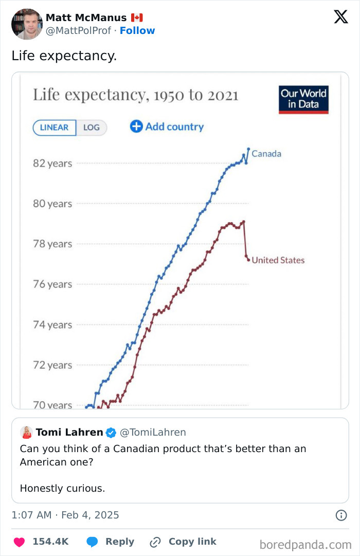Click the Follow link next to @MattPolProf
[x=137, y=31]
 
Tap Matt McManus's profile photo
[x=27, y=24]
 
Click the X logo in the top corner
[x=340, y=17]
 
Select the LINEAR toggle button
[x=55, y=128]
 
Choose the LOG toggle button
[x=92, y=128]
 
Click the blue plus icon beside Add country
[x=136, y=127]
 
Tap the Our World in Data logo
[x=303, y=99]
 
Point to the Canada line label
[x=266, y=154]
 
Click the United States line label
[x=278, y=260]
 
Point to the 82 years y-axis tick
[x=52, y=164]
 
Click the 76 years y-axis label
[x=52, y=284]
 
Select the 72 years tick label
[x=52, y=365]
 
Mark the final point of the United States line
[x=248, y=260]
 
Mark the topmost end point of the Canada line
[x=248, y=149]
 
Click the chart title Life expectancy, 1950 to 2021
[x=136, y=95]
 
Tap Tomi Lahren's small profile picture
[x=26, y=433]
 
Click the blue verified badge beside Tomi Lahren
[x=111, y=433]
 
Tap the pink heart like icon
[x=19, y=542]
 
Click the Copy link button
[x=183, y=542]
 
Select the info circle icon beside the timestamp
[x=340, y=515]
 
